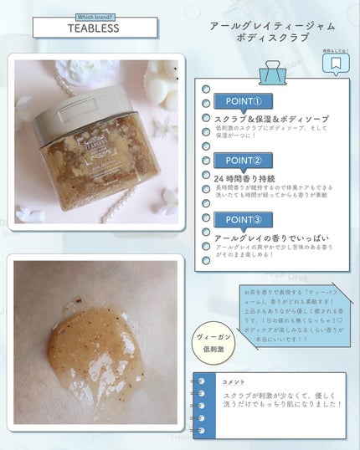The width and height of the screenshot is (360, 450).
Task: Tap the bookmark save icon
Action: click(x=334, y=63)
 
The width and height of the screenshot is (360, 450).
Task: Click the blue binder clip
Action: click(x=272, y=74)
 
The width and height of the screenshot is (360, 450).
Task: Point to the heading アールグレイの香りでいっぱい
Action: click(x=260, y=238)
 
